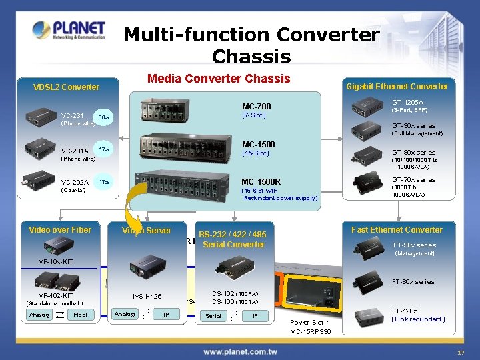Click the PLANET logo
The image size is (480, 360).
pos(69,31)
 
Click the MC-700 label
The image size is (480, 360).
pos(256,107)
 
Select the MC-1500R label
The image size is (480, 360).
pos(261,181)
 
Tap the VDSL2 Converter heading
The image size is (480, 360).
pos(67,87)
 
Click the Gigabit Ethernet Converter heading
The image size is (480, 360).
pos(397,87)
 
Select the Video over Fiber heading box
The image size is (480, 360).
pos(60,230)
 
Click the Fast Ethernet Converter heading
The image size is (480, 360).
pos(397,230)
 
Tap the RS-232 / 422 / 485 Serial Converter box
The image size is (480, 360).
pos(233,239)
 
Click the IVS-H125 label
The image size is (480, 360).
pos(147,296)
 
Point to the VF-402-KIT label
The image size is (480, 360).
pos(56,295)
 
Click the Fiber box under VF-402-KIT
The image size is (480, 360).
pos(80,315)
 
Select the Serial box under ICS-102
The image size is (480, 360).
pos(213,315)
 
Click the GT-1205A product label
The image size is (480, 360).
pos(407,102)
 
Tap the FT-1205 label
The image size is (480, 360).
pos(405,311)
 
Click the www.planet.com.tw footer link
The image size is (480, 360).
pos(240,351)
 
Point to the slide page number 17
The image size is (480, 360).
pos(461,352)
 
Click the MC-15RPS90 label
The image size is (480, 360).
pos(309,332)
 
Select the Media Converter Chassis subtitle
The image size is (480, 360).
pos(219,79)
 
